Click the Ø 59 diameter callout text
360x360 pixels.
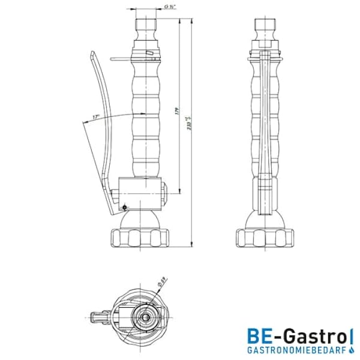pyautogui.click(x=162, y=280)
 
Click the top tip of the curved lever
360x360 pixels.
pyautogui.click(x=91, y=53)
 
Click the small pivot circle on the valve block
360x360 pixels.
pyautogui.click(x=124, y=208)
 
